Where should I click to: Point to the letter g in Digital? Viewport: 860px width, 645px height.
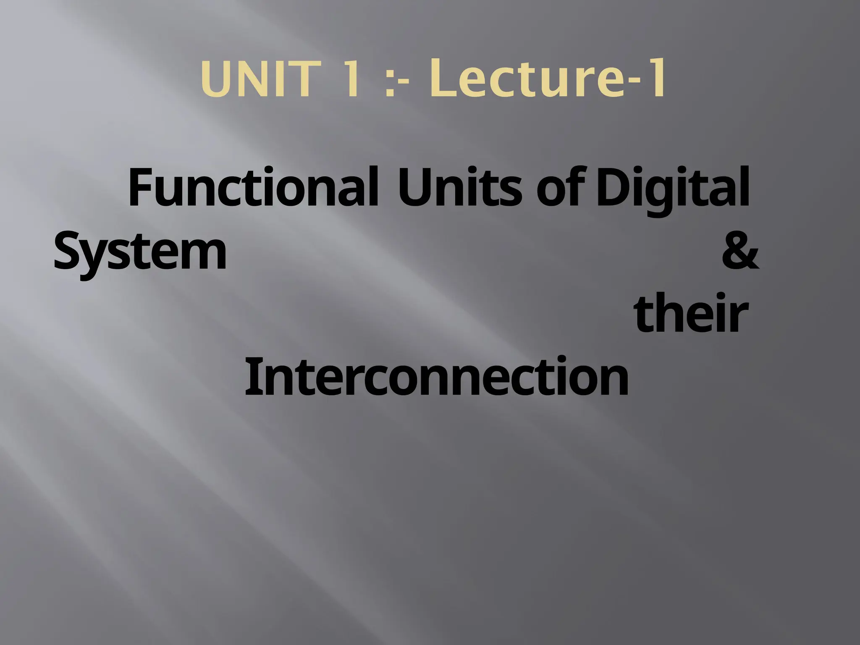click(663, 195)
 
